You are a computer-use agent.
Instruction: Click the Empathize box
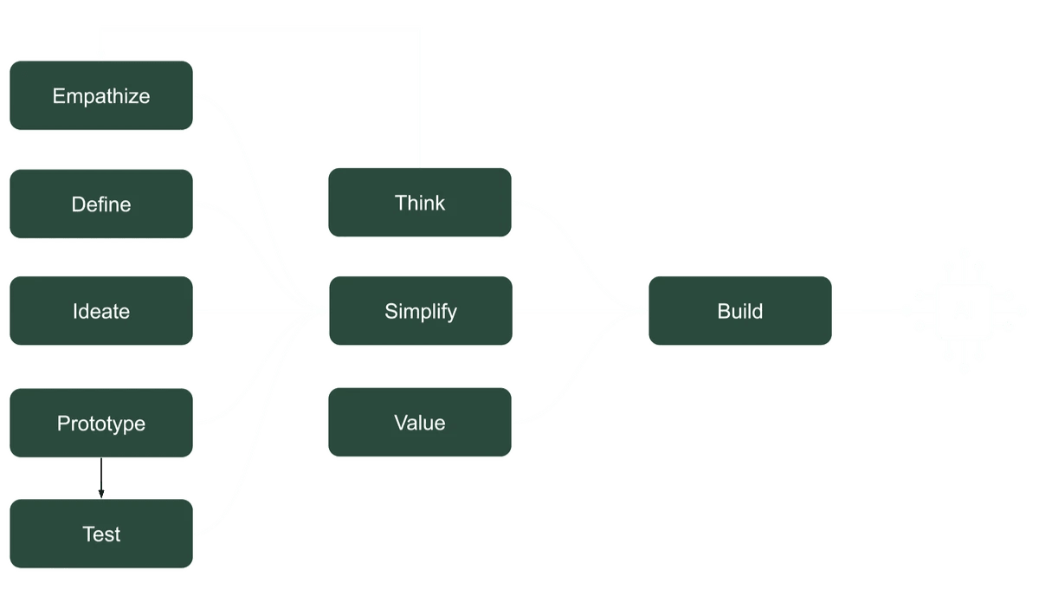(x=101, y=96)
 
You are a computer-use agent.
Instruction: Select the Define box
(x=101, y=204)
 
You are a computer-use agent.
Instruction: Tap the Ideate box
(x=101, y=311)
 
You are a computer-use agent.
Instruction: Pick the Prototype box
(x=101, y=424)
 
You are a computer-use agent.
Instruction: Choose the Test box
(x=101, y=534)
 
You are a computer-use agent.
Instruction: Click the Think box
(x=420, y=203)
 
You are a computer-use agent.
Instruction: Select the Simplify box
(x=420, y=311)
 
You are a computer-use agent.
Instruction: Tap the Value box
(x=420, y=423)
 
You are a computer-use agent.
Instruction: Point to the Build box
(x=740, y=311)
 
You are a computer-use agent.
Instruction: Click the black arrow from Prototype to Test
(x=101, y=477)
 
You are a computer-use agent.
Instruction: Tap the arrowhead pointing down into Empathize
(x=100, y=55)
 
